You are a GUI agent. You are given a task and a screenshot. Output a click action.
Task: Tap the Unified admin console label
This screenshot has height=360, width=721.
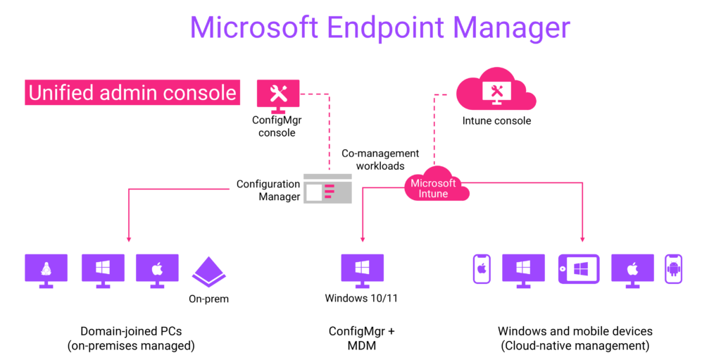tap(132, 92)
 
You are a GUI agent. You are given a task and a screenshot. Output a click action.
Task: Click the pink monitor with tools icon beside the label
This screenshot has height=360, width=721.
tap(278, 94)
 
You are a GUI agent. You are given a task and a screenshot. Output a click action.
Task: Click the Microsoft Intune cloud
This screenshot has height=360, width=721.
tap(434, 187)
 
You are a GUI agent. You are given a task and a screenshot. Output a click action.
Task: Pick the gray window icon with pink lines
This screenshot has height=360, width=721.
tap(327, 189)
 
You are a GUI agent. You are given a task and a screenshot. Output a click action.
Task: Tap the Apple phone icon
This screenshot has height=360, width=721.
tap(482, 269)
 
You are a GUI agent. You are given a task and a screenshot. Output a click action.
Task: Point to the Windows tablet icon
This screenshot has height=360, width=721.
tap(579, 269)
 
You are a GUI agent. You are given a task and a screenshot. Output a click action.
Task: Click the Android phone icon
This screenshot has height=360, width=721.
tap(673, 269)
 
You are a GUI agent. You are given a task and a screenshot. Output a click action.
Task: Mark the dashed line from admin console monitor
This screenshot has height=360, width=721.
tap(329, 127)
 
